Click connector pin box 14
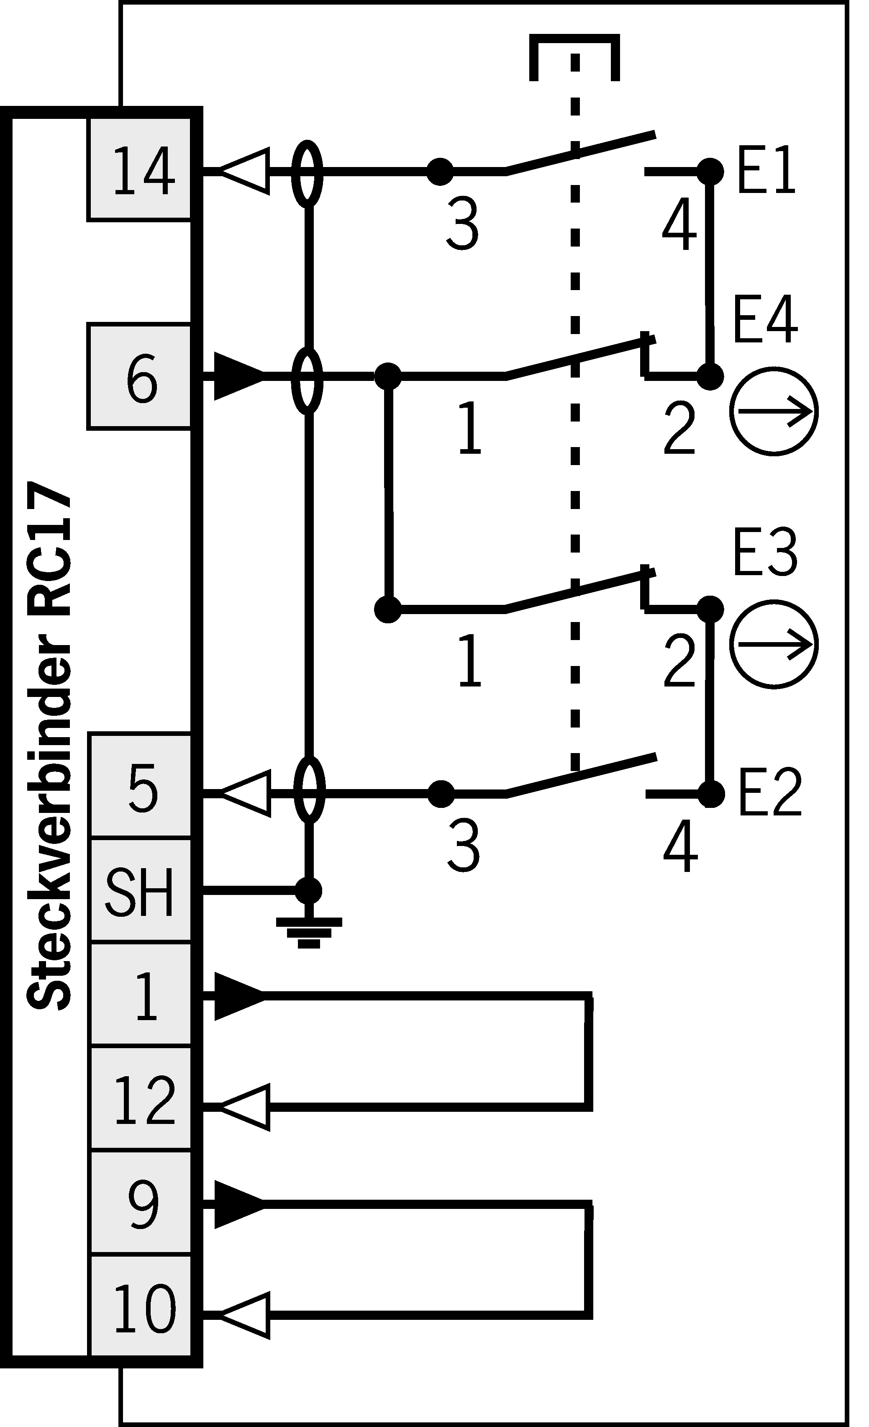(x=139, y=170)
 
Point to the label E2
(x=769, y=793)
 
